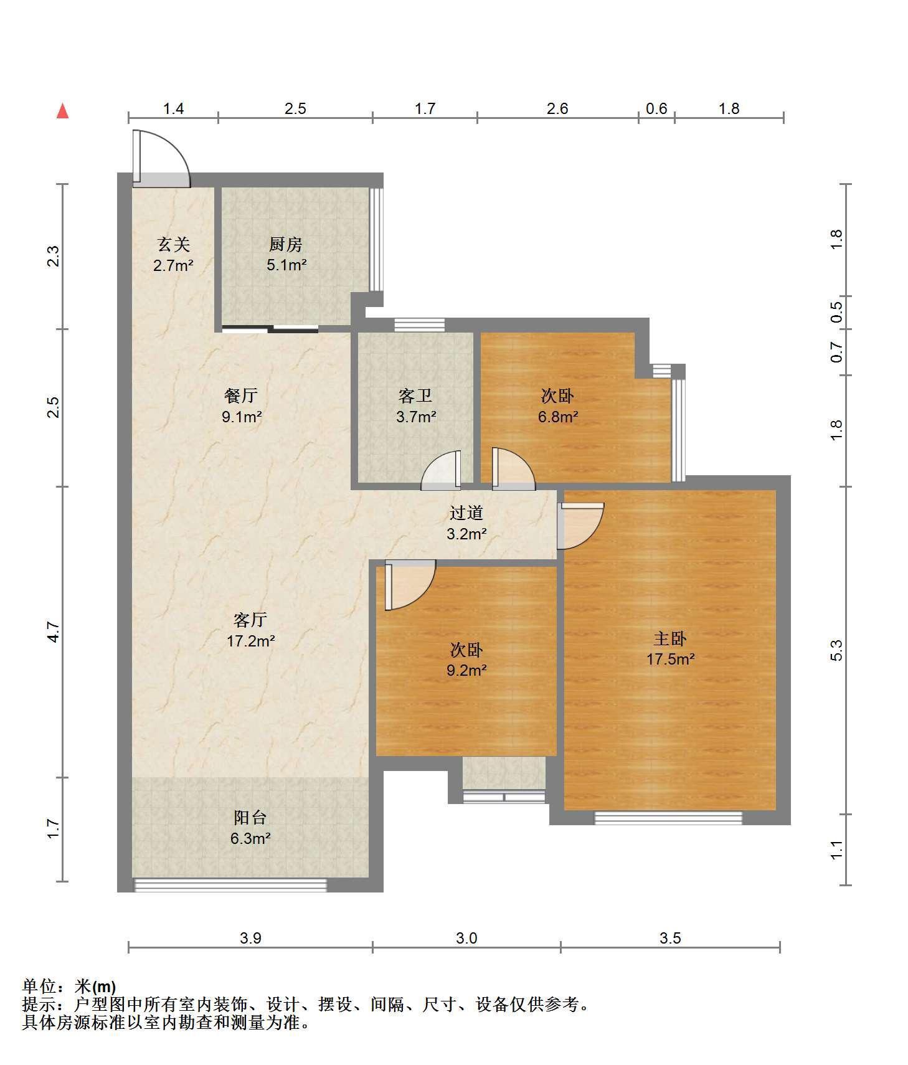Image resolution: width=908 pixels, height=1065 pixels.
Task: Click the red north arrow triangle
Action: tap(62, 111)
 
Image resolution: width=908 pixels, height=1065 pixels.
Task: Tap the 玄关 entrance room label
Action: tap(173, 245)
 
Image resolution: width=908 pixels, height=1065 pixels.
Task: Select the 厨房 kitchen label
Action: tap(286, 245)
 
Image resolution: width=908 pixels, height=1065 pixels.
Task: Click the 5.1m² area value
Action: tap(286, 265)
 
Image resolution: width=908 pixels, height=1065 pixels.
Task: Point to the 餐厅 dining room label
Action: tap(241, 395)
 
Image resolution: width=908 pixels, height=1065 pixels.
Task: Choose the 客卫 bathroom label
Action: tap(415, 395)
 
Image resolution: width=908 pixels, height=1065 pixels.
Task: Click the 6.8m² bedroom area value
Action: tap(558, 416)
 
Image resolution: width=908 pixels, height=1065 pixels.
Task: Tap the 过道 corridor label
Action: tap(466, 513)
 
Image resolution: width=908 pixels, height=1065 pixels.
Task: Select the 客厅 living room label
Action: tap(250, 620)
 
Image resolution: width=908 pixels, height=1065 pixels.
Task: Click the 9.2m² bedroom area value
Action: tap(466, 670)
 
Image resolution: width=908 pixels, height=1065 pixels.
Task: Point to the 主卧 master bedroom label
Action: tap(670, 638)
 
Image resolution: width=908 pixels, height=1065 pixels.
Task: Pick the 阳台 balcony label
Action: tap(250, 817)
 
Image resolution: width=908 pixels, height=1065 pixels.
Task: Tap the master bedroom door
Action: tap(579, 526)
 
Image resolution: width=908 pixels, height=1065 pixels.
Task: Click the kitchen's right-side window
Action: tap(376, 240)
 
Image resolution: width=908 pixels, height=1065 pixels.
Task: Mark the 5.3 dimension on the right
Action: tap(836, 650)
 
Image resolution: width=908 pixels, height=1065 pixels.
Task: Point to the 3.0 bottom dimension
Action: tap(466, 938)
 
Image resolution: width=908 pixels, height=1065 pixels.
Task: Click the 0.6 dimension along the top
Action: tap(656, 109)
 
